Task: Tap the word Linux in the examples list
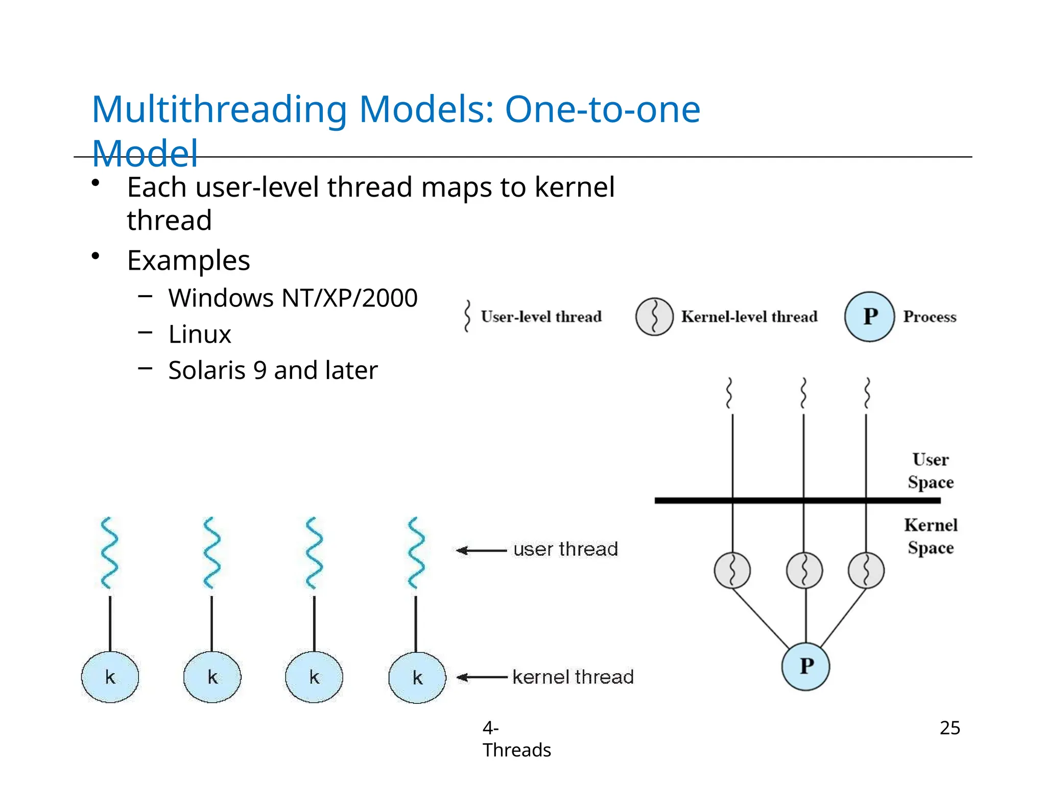click(x=200, y=335)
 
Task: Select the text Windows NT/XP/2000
click(x=293, y=298)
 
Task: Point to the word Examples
click(x=188, y=260)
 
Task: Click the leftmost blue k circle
click(x=110, y=677)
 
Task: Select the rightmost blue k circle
click(x=417, y=678)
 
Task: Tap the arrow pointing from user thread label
click(x=481, y=550)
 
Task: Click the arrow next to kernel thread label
click(x=481, y=678)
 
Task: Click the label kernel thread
click(x=573, y=677)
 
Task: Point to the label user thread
click(x=565, y=550)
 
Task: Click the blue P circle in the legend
click(x=869, y=317)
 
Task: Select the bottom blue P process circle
click(x=805, y=667)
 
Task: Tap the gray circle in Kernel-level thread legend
click(x=654, y=317)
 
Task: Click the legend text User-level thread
click(x=541, y=317)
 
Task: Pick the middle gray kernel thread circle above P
click(x=804, y=571)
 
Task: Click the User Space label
click(x=930, y=470)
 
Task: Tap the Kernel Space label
click(x=930, y=536)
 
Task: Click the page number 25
click(x=949, y=728)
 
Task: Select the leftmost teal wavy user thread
click(x=109, y=553)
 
